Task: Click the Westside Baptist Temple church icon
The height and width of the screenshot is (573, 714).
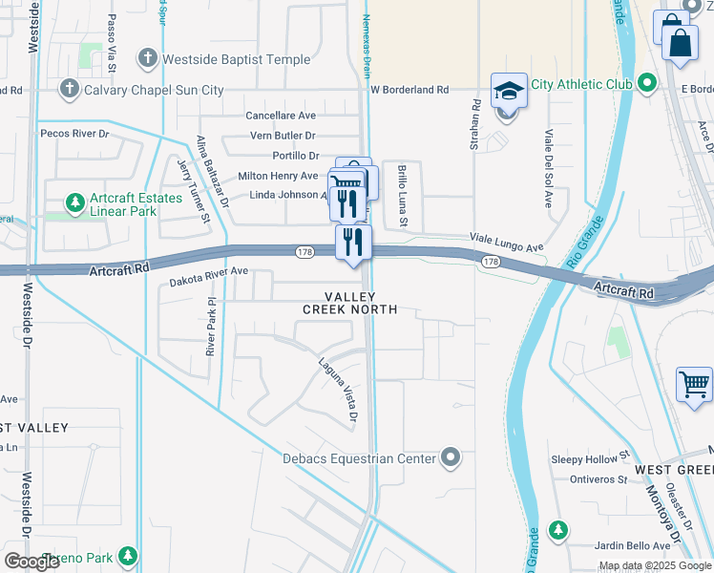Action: click(x=148, y=59)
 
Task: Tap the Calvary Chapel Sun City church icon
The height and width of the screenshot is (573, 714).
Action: click(x=68, y=90)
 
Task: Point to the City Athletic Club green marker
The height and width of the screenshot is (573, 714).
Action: click(x=648, y=84)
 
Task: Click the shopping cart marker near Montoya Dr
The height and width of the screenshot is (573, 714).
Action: click(x=694, y=385)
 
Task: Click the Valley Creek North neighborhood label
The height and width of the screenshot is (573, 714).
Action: click(x=348, y=304)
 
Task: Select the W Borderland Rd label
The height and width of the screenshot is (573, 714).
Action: click(x=409, y=90)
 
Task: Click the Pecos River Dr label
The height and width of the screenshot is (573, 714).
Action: click(x=74, y=135)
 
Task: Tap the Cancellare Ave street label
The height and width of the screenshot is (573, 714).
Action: click(x=281, y=116)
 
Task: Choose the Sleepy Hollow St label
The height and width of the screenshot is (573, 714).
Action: click(x=591, y=458)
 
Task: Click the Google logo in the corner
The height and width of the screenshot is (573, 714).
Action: click(x=32, y=562)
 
